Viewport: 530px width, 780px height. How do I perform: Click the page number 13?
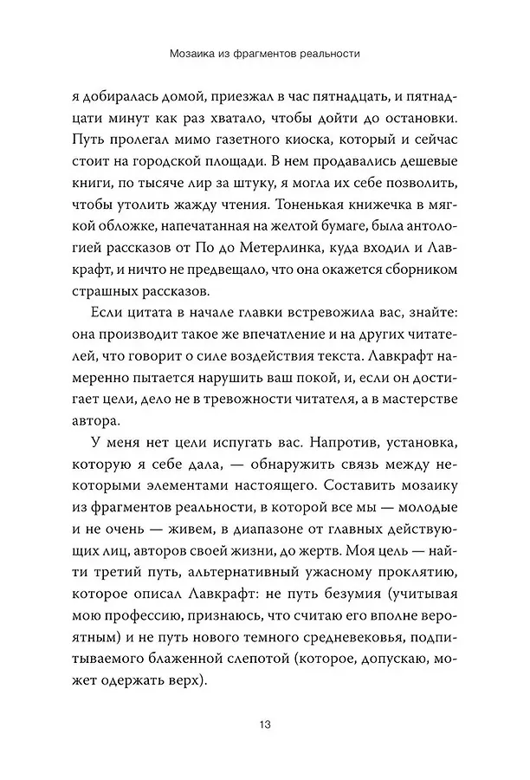pyautogui.click(x=265, y=724)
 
